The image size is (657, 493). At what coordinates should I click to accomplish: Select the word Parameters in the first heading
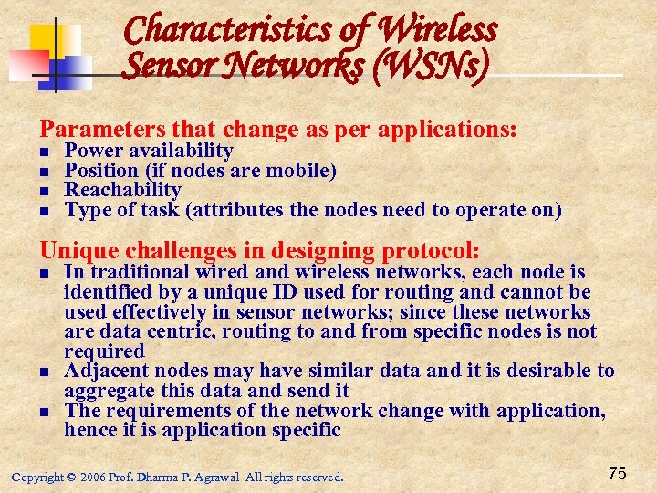(x=97, y=129)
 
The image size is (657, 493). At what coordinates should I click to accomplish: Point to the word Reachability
(x=123, y=190)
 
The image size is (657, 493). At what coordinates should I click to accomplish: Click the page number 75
(x=617, y=474)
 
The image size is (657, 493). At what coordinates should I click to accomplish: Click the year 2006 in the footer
(x=93, y=477)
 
